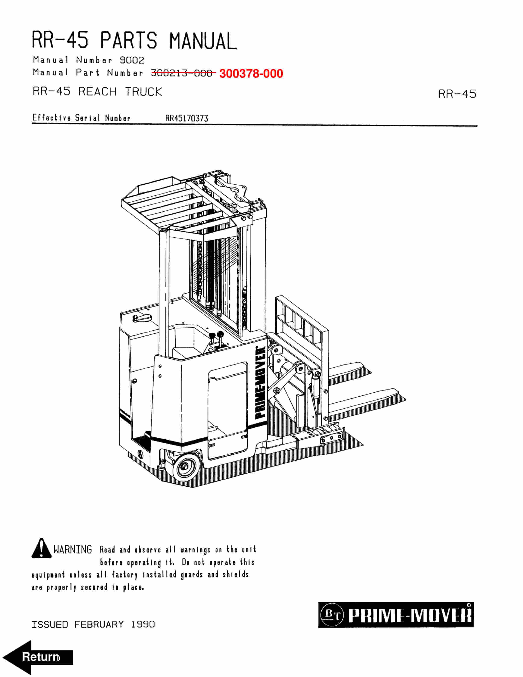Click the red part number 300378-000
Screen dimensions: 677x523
(x=251, y=74)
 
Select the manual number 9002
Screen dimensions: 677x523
(x=132, y=60)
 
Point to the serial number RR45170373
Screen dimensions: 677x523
(x=187, y=118)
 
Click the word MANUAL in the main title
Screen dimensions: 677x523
(x=203, y=41)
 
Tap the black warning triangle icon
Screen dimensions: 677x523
(x=41, y=548)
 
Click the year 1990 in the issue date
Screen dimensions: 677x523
(x=143, y=624)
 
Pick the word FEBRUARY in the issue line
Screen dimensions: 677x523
(x=99, y=624)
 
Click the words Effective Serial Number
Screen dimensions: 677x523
(x=81, y=118)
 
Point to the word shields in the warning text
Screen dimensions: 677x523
(x=235, y=574)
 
